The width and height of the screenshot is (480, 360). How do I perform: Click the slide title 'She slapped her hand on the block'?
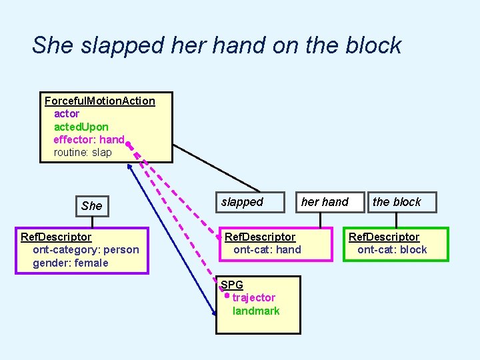(217, 45)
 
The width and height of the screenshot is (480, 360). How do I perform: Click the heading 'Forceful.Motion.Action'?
(99, 101)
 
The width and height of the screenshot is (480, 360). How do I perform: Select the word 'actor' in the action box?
(67, 114)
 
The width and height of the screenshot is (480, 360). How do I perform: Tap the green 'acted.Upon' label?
(81, 127)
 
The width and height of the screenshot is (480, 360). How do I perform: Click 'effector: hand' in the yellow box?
(89, 139)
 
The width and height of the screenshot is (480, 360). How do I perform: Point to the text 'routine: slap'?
(83, 152)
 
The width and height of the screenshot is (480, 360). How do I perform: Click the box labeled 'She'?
(91, 205)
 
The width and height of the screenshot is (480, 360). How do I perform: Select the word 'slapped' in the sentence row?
(242, 202)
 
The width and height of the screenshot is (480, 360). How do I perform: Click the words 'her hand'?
(325, 202)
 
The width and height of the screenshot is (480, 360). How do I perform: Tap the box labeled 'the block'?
(397, 202)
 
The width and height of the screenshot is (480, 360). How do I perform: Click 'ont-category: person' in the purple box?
(86, 250)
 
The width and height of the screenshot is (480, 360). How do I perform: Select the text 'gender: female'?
(71, 263)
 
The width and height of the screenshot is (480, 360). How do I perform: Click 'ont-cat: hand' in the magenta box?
(267, 250)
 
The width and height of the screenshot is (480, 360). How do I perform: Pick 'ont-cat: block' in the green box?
(392, 250)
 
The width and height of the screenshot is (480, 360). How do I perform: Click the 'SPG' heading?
(232, 285)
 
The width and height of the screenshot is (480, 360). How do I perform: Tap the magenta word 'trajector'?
(253, 297)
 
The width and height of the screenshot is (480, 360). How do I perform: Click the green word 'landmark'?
(256, 311)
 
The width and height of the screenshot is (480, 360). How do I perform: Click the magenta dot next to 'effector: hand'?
(128, 142)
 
